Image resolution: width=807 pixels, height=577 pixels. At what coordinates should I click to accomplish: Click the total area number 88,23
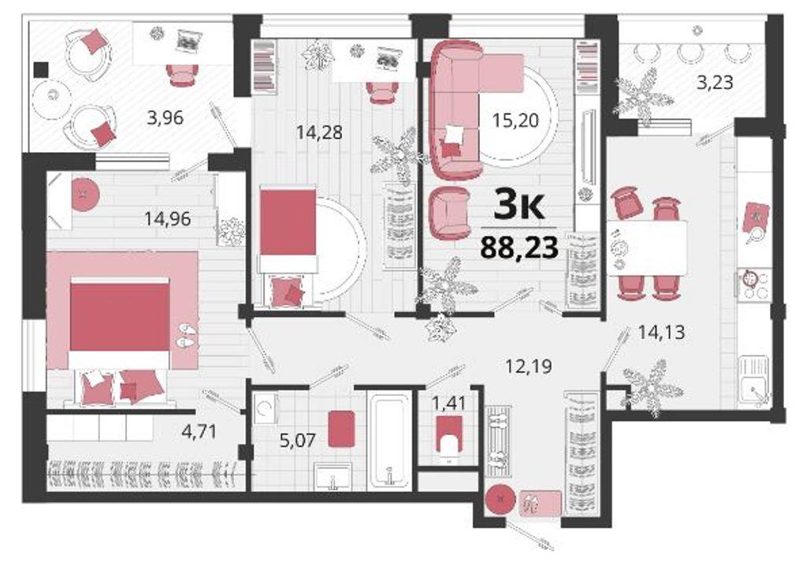click(x=519, y=247)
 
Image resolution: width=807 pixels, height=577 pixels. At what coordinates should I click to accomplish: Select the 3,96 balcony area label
click(x=165, y=118)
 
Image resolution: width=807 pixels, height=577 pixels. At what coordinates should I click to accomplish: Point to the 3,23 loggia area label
click(x=714, y=82)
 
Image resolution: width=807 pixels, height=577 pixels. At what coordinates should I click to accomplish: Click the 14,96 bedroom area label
click(x=167, y=219)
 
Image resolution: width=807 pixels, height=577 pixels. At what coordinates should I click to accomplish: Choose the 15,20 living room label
click(x=515, y=121)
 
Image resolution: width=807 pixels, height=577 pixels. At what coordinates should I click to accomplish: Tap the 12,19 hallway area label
click(x=529, y=367)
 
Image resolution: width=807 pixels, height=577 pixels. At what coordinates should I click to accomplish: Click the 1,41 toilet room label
click(x=448, y=403)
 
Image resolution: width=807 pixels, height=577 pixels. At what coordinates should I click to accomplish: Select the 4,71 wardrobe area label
click(x=199, y=431)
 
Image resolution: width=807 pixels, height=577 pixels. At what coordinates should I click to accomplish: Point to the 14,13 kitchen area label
click(x=661, y=333)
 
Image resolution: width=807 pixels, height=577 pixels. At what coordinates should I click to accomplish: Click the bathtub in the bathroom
click(x=389, y=441)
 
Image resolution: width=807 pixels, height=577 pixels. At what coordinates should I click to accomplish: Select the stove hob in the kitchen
click(x=754, y=284)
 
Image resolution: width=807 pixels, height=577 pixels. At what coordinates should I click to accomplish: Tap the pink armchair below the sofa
click(x=450, y=213)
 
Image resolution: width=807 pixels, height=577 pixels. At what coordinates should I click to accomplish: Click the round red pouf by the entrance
click(x=500, y=499)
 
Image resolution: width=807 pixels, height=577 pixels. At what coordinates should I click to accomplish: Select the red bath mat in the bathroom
click(x=342, y=429)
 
